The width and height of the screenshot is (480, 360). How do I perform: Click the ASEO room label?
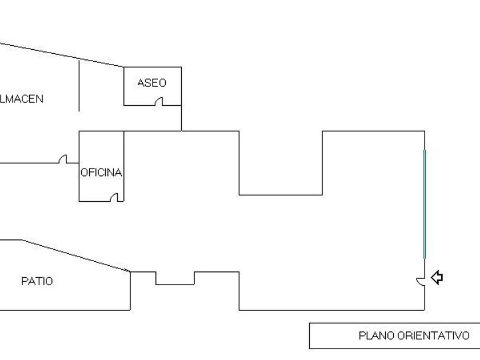151,83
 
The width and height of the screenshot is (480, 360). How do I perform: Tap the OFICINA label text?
101,173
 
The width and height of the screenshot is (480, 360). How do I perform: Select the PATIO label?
37,281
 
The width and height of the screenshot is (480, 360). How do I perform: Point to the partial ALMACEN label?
21,99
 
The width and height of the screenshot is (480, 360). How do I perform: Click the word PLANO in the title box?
376,336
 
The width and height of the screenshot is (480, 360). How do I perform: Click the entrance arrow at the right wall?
437,278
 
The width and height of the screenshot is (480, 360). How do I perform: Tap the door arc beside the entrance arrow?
420,279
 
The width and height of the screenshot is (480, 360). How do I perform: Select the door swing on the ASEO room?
159,101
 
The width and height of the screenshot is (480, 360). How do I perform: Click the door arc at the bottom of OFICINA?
116,197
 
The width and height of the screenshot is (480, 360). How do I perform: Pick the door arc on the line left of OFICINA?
63,159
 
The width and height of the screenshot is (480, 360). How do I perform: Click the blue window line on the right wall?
424,203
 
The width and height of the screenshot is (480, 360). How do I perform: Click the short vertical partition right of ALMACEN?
79,86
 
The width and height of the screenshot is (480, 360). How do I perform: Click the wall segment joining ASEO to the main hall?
182,118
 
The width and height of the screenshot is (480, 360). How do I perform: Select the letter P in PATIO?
24,281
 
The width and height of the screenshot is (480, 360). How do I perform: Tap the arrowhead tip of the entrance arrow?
431,278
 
